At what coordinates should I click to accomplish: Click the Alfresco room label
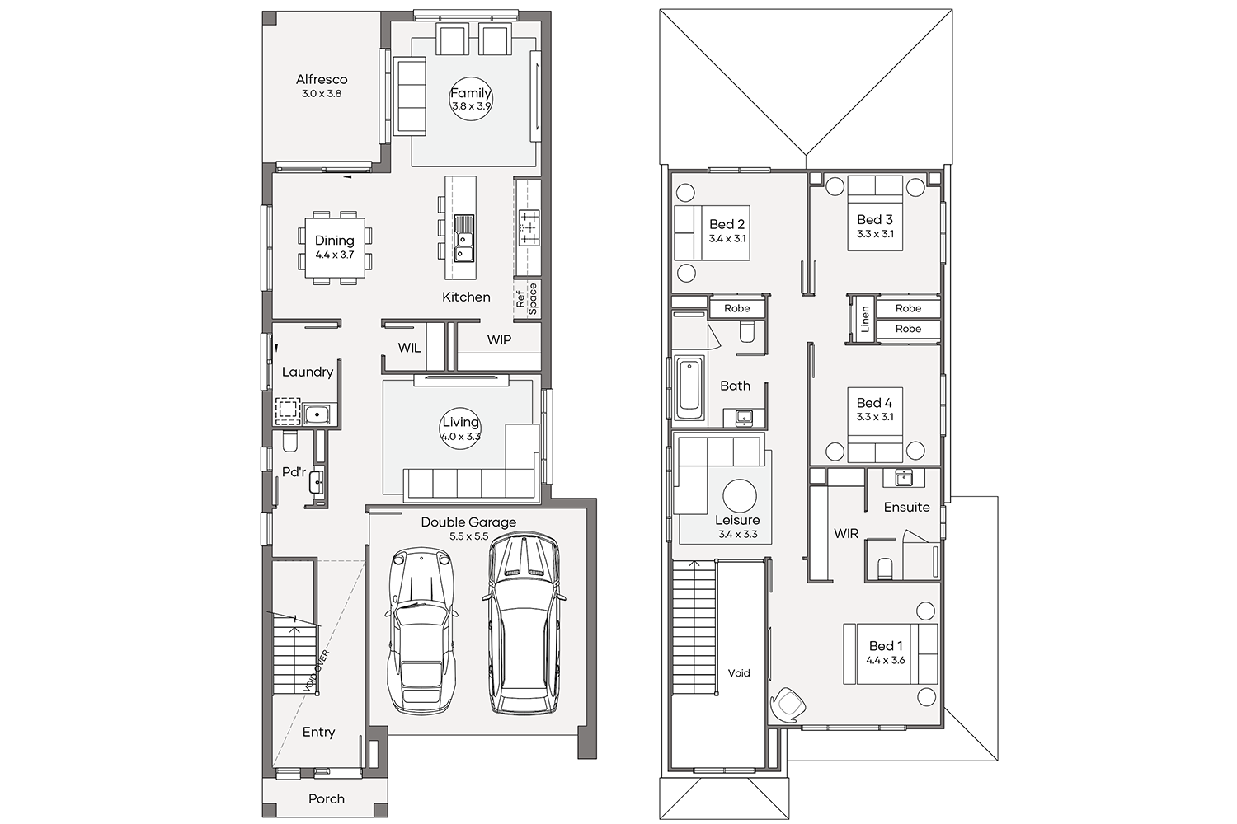322,79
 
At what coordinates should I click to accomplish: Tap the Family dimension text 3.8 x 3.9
471,106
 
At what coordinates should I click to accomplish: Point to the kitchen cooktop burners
529,227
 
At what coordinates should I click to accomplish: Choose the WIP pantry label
499,340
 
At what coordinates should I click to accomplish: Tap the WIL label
409,348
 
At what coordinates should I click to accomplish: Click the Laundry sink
317,412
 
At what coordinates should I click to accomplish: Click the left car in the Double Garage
422,631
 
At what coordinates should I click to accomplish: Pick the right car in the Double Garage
523,624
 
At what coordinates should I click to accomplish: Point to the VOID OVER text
317,672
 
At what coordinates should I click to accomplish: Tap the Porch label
327,798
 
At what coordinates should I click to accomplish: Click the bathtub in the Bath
689,391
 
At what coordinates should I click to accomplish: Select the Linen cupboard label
865,319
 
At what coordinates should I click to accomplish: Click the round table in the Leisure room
740,495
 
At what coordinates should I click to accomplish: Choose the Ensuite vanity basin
904,478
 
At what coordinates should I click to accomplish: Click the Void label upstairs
739,672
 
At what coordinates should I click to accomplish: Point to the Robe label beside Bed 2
737,308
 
